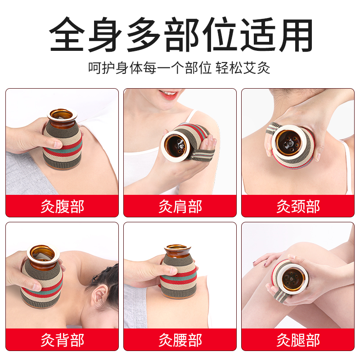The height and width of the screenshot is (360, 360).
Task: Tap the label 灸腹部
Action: click(x=62, y=207)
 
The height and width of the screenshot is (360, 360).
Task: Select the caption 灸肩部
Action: click(x=180, y=207)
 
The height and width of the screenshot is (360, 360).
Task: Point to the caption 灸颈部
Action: click(x=298, y=207)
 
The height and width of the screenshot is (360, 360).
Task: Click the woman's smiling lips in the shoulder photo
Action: click(x=168, y=94)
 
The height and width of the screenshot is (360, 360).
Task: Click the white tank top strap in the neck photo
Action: click(x=347, y=162)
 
